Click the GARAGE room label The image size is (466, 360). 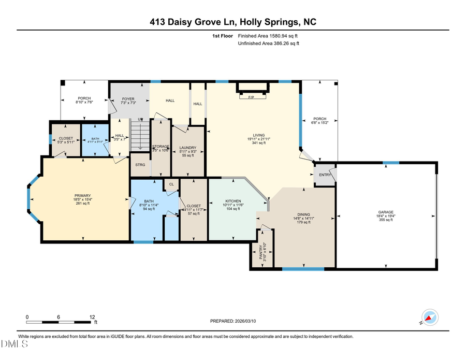386,212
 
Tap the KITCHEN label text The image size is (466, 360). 232,200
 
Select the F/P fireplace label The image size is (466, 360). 252,97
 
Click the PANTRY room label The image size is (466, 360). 261,252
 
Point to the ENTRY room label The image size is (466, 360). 325,175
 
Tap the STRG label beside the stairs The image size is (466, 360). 140,165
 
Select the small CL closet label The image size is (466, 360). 171,184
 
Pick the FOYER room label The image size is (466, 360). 128,98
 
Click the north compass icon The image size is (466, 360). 430,317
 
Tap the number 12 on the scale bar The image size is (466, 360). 92,317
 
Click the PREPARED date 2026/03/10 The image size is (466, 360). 233,321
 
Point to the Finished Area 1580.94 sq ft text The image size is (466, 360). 268,36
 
